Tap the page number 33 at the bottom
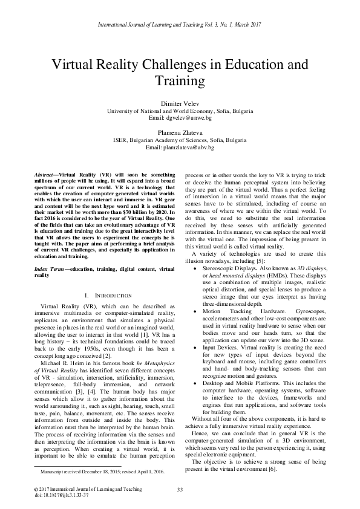click(180, 489)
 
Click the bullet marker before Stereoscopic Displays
click(194, 283)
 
